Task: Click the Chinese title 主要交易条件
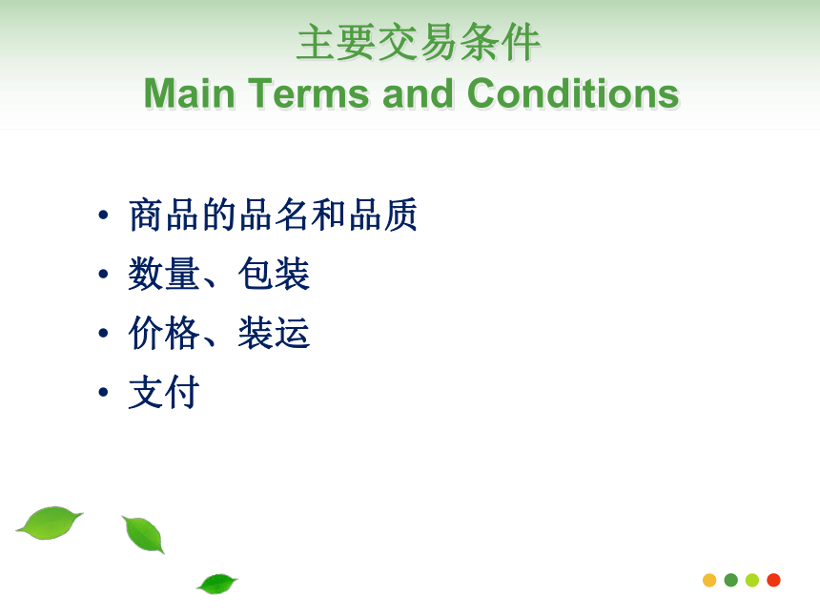pos(418,42)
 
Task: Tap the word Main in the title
pos(190,93)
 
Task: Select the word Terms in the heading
pos(309,93)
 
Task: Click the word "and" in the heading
pos(418,93)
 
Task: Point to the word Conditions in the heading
pos(573,93)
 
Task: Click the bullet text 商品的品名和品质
pos(273,215)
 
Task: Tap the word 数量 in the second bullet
pos(164,274)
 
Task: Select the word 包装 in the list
pos(274,274)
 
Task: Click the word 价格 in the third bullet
pos(164,333)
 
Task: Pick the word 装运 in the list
pos(274,333)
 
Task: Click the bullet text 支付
pos(164,392)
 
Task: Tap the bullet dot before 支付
pos(103,392)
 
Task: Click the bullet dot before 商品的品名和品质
pos(103,215)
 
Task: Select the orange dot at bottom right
pos(709,580)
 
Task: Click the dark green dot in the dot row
pos(731,580)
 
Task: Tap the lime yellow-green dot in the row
pos(752,580)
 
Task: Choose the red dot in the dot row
pos(773,580)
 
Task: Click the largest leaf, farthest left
pos(50,523)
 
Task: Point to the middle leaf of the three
pos(143,535)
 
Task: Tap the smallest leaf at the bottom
pos(217,584)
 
